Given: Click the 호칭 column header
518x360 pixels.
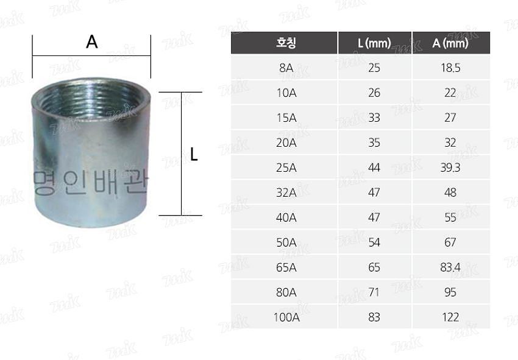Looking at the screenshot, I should (285, 43).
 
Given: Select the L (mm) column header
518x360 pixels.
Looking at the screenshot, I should (374, 43).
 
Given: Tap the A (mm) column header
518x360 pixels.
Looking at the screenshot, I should (450, 43).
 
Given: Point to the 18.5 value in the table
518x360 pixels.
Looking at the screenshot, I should (450, 68).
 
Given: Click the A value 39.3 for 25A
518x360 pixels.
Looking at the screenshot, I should (450, 168).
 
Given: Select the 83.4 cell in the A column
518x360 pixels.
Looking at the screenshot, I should (450, 267).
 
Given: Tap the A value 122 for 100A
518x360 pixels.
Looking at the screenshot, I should (450, 317).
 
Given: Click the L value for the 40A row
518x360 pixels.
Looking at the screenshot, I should (374, 217).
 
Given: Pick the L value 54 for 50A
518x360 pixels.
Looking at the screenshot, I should (374, 242).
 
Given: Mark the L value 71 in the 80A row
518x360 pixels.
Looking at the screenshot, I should (374, 292).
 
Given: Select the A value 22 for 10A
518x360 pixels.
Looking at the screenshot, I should (450, 93).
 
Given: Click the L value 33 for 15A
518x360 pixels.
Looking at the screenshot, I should (374, 118).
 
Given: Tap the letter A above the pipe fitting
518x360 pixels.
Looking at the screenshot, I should (92, 42).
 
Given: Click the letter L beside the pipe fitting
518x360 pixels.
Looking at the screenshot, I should (194, 155).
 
